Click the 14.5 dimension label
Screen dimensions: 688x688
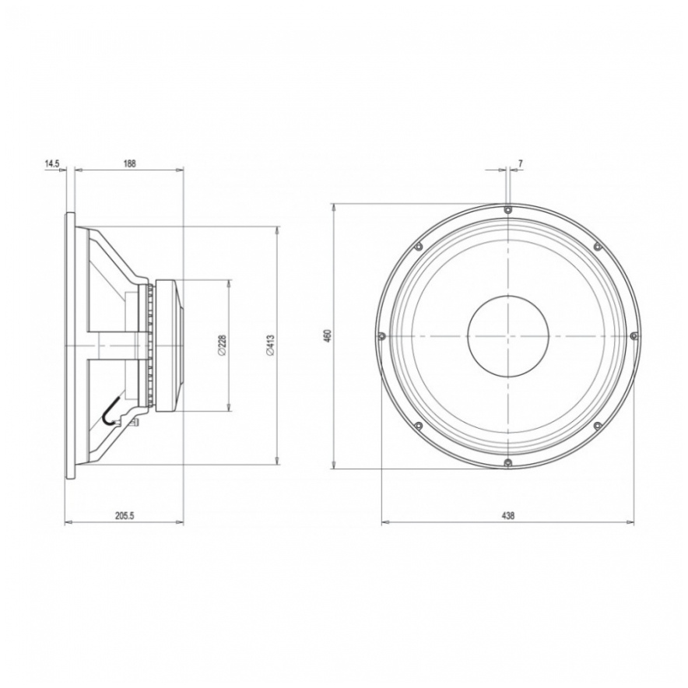[x=51, y=163]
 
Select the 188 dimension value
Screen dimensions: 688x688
[x=129, y=163]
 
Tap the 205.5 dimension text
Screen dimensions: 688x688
[x=125, y=515]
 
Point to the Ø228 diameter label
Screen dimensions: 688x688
[x=223, y=345]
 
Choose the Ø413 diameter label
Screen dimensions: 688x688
[x=270, y=345]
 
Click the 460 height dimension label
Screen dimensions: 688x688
[x=328, y=335]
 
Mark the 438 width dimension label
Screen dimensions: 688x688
[x=507, y=515]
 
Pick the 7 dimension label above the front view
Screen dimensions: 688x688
[x=520, y=163]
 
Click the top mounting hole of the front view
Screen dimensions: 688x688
[x=507, y=209]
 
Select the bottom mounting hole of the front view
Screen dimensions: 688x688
[x=507, y=463]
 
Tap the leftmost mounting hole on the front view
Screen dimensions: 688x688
[x=381, y=336]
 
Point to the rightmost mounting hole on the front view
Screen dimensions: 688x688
[x=634, y=335]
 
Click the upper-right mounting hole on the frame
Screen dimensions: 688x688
[x=598, y=247]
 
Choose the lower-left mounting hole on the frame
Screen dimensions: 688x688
[x=418, y=426]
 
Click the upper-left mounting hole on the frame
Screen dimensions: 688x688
[x=418, y=247]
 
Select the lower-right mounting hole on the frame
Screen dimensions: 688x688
[x=598, y=426]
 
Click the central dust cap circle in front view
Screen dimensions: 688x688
[x=507, y=336]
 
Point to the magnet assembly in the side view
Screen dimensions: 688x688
[x=169, y=345]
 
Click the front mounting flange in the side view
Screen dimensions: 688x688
[x=69, y=345]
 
